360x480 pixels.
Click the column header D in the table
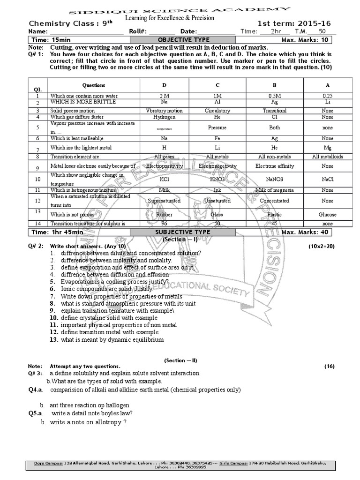[164, 85]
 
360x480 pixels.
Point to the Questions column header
[94, 85]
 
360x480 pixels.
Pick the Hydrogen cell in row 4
[164, 117]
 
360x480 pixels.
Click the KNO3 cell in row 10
[217, 179]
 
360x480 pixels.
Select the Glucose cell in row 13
[328, 214]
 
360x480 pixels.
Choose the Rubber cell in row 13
[164, 214]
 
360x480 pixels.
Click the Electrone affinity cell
[274, 166]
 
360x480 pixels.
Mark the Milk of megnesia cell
[274, 190]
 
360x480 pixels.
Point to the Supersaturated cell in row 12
[164, 200]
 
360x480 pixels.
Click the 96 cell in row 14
[164, 224]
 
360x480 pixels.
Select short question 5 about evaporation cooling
[114, 282]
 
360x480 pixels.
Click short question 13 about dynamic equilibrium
[112, 339]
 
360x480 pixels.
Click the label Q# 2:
[36, 246]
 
